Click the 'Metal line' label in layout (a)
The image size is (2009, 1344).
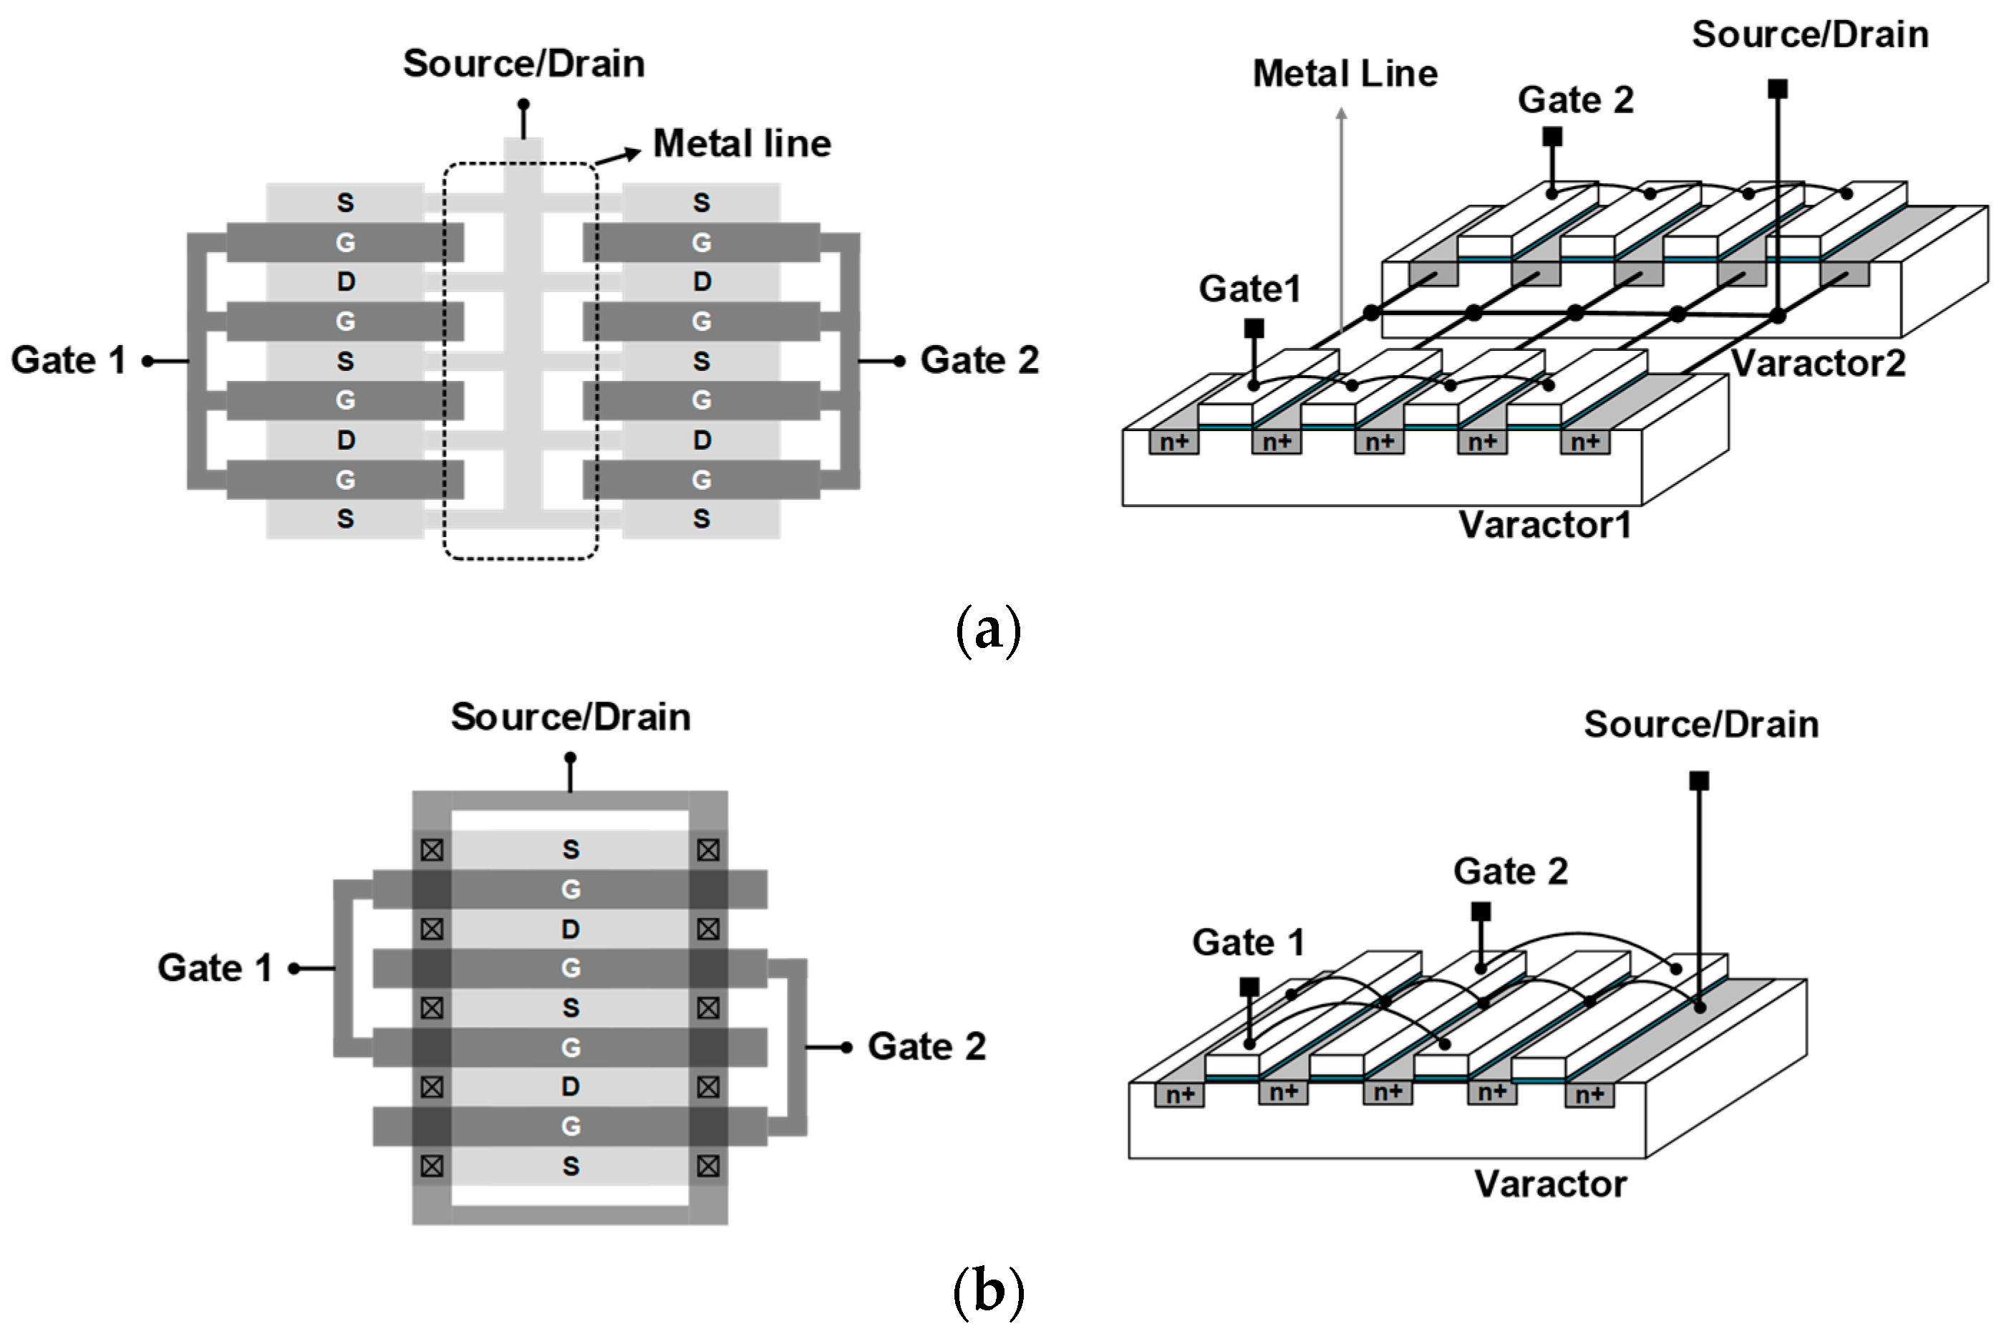[x=741, y=143]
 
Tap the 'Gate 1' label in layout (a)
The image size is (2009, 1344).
[x=69, y=360]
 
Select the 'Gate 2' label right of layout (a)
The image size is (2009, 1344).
[x=979, y=360]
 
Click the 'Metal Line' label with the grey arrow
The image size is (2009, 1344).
[x=1345, y=74]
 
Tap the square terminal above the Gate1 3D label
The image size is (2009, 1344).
[x=1254, y=327]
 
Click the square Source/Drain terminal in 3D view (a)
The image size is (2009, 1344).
[x=1778, y=89]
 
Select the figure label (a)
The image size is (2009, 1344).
[x=988, y=630]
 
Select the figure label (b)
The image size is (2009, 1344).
[x=988, y=1292]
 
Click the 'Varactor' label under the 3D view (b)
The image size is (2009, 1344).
[x=1549, y=1184]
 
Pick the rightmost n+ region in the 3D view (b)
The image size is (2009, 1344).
[x=1589, y=1095]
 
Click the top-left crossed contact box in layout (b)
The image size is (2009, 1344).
[x=432, y=850]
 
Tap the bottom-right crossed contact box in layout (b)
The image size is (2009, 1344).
[x=708, y=1166]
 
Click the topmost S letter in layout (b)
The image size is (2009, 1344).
[x=571, y=849]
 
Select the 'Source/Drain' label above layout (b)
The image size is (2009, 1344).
[x=571, y=717]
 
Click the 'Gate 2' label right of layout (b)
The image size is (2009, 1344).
[x=926, y=1047]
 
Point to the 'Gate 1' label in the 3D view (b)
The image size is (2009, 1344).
[x=1248, y=943]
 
